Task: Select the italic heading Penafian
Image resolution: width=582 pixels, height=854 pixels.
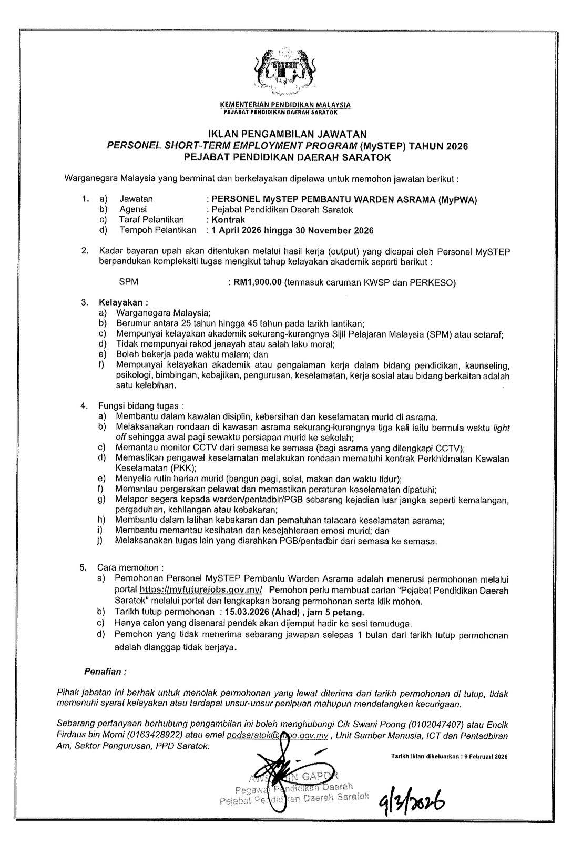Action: point(105,672)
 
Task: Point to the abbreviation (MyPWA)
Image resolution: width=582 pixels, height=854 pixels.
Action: point(458,199)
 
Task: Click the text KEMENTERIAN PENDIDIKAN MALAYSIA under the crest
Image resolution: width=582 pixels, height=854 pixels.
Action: point(287,105)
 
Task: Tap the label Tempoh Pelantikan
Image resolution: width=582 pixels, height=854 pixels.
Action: point(158,230)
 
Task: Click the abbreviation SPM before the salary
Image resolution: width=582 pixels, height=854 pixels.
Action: point(129,282)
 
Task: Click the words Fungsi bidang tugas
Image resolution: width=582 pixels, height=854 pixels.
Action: point(140,406)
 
